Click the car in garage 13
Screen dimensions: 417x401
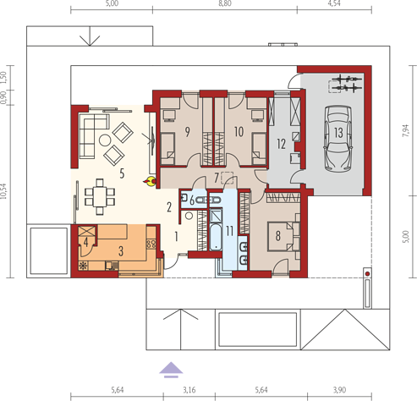coord(337,139)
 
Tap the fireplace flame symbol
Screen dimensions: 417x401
coord(150,181)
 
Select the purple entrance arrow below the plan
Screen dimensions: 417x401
coord(171,370)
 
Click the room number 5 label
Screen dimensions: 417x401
coord(122,173)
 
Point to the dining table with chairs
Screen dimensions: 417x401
coord(100,196)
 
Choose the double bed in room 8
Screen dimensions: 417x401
coord(281,236)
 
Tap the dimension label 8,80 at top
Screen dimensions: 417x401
coord(225,3)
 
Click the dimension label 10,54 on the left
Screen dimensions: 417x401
coord(3,191)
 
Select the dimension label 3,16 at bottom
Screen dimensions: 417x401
coord(189,390)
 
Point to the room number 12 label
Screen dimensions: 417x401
coord(281,144)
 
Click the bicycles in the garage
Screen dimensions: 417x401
coord(346,83)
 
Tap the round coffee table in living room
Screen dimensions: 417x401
coord(105,140)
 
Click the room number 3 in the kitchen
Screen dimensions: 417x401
coord(121,250)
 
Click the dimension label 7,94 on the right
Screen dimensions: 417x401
coord(405,130)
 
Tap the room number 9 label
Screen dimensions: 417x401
coord(187,132)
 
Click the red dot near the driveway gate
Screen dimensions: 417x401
coord(367,274)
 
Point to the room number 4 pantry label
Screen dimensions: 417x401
coord(85,242)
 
